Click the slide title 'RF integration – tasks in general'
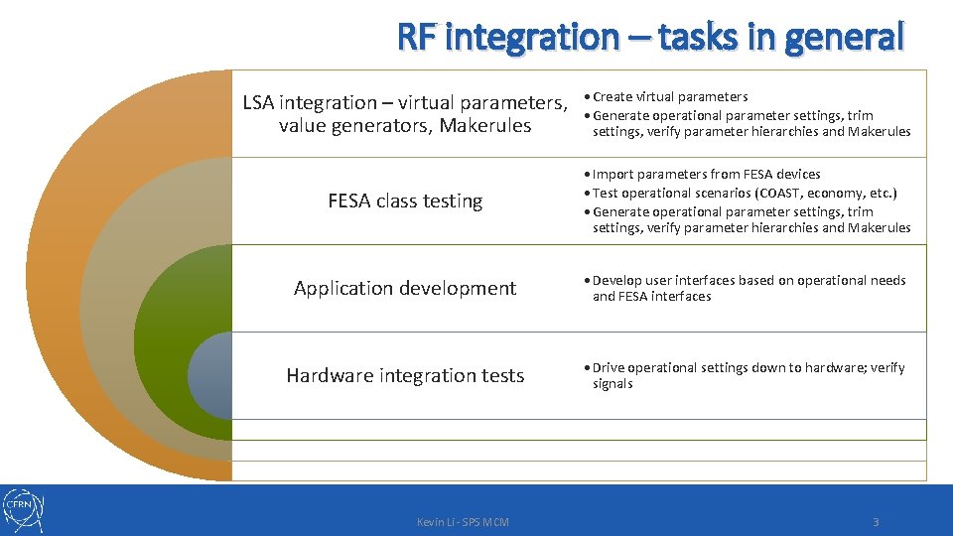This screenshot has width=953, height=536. pos(650,37)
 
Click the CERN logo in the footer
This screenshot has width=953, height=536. pos(23,510)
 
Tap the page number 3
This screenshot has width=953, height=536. pos(876,522)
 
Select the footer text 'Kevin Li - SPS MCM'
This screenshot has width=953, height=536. pos(463,522)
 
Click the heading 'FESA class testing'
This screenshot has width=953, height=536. pos(405,201)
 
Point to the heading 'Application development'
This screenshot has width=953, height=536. pos(405,288)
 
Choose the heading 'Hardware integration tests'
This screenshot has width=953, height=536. pos(405,375)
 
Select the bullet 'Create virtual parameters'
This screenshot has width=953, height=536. pos(670,96)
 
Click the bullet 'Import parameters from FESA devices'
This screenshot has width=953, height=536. pos(706,174)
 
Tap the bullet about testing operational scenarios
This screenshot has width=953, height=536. pos(745,193)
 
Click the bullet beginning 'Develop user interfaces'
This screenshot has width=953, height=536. pos(749,280)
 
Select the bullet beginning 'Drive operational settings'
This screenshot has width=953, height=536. pos(749,367)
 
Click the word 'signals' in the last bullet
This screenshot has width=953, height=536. pos(613,384)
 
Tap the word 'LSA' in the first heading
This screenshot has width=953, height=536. pos(259,102)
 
